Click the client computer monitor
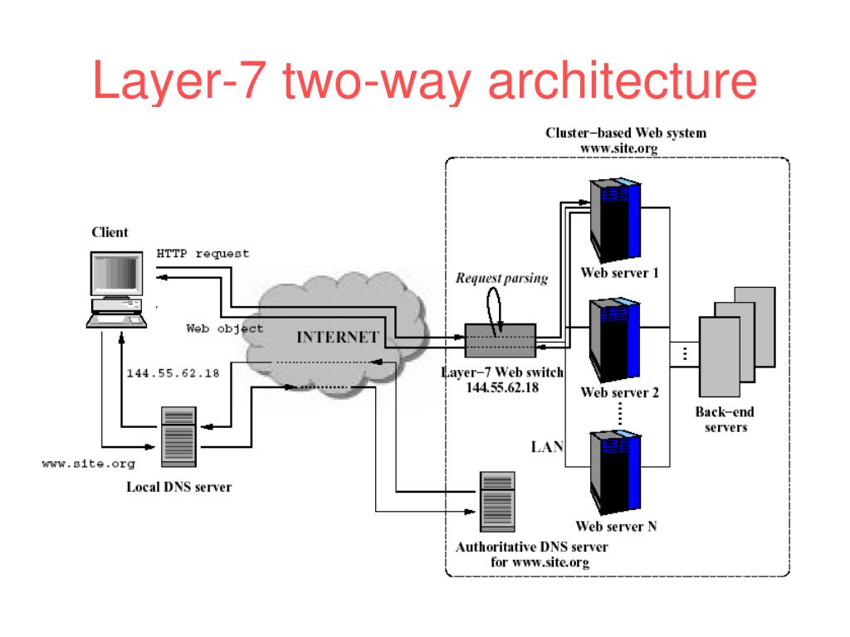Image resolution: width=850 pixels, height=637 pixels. [x=116, y=274]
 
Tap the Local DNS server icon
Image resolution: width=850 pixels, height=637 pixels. [x=179, y=436]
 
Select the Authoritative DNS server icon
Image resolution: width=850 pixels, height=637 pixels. [x=497, y=502]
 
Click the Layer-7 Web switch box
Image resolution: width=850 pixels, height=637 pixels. [x=501, y=340]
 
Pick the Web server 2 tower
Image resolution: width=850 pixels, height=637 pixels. [x=615, y=339]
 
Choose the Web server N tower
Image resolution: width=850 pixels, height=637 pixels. [x=616, y=472]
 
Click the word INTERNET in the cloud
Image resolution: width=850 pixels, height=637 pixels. [x=337, y=337]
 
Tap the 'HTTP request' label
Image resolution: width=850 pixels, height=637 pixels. [x=203, y=254]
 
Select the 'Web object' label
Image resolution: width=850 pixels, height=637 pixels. [x=224, y=328]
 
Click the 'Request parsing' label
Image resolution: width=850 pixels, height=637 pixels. [x=502, y=279]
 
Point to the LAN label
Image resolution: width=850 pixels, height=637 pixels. [x=548, y=447]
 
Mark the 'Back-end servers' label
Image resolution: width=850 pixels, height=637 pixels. [x=725, y=419]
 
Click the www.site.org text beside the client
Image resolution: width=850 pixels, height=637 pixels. [x=88, y=464]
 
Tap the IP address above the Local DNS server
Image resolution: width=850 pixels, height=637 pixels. [x=173, y=373]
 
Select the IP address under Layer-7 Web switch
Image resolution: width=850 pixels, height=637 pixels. [x=502, y=387]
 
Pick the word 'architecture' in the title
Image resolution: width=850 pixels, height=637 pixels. [x=623, y=80]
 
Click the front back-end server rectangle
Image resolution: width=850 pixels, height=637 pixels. [x=720, y=357]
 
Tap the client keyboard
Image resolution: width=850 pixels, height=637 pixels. [x=116, y=321]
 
